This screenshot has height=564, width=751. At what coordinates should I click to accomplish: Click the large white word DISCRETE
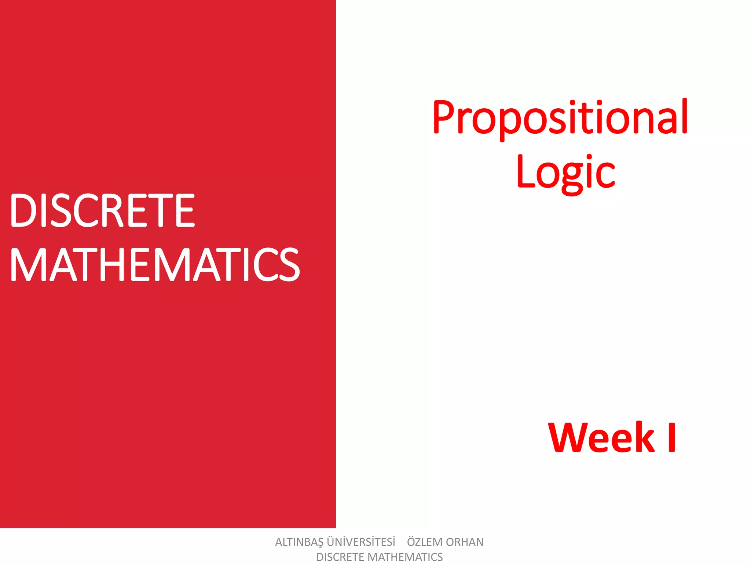tap(102, 211)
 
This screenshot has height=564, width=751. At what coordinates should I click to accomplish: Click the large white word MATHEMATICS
tap(155, 264)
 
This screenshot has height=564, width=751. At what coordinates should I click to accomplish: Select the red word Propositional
tap(560, 117)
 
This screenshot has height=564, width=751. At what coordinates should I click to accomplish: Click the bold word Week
tap(601, 437)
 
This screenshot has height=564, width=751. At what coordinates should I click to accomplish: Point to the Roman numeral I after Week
tap(671, 437)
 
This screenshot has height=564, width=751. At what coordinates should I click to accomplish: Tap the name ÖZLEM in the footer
tap(425, 542)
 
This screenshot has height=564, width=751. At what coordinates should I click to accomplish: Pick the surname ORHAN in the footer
tap(465, 542)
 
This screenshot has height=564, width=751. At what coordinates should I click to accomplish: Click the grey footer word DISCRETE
tap(341, 557)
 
